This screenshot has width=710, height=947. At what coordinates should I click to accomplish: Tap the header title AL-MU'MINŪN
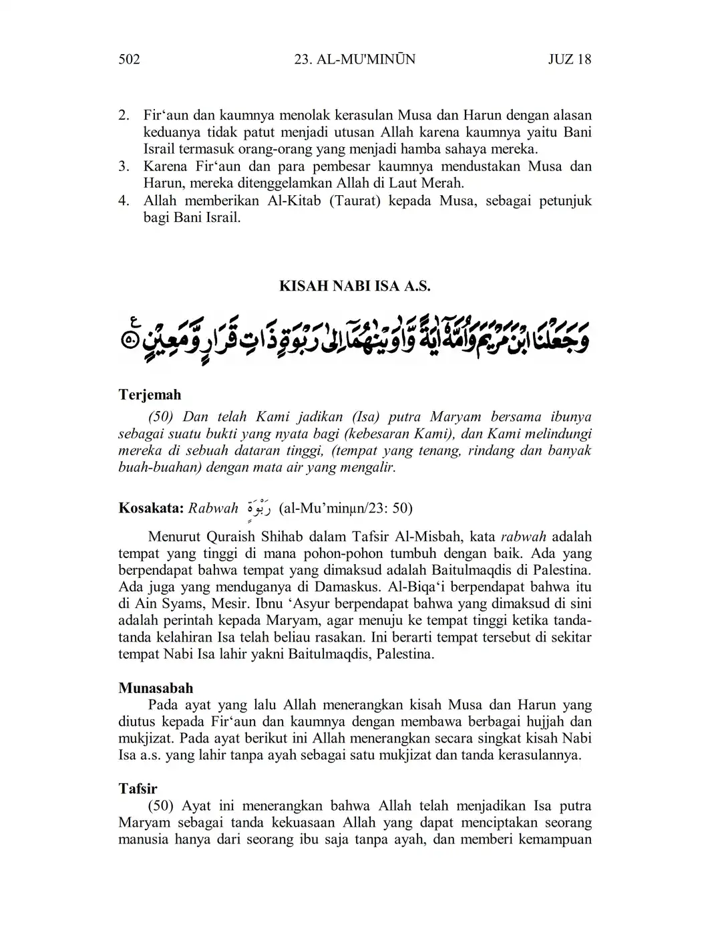(355, 59)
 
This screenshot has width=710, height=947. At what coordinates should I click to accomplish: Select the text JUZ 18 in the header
(569, 59)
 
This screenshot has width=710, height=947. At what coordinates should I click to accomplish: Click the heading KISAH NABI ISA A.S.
(355, 287)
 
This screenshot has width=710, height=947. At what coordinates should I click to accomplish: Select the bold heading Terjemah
(150, 395)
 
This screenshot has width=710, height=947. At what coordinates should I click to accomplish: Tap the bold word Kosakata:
(151, 509)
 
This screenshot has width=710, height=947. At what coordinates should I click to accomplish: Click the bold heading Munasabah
(156, 688)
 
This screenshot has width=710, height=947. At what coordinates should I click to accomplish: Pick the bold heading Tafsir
(138, 789)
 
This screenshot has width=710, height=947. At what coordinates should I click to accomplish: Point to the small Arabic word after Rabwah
(258, 507)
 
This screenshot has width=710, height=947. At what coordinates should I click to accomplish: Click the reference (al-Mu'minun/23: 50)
(345, 509)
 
